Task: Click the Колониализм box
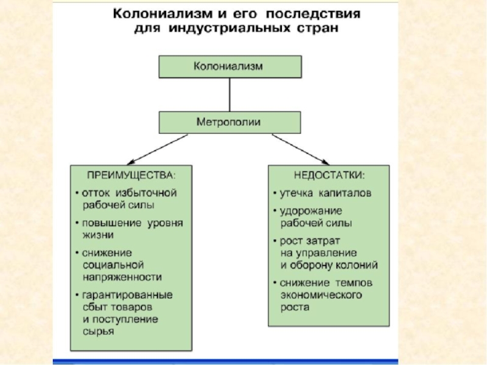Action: (x=229, y=66)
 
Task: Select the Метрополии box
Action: (x=229, y=122)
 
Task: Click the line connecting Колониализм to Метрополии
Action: (x=229, y=94)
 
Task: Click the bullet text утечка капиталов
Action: (x=326, y=193)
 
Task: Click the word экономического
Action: (x=321, y=295)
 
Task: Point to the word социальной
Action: (x=113, y=265)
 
